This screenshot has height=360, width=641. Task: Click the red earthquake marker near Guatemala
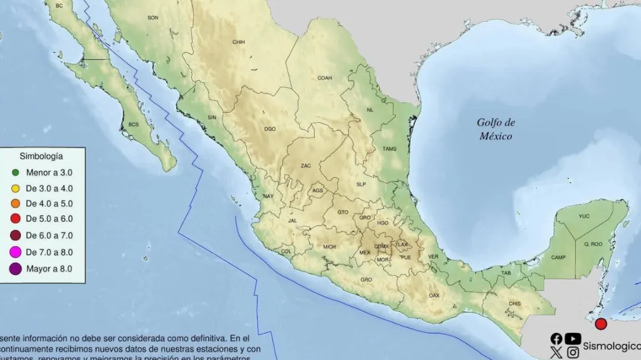601,324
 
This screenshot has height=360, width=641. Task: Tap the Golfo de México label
496,129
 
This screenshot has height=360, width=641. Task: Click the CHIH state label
239,42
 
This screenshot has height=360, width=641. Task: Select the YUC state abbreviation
584,216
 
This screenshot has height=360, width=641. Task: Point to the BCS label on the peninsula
134,125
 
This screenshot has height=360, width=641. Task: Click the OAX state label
434,295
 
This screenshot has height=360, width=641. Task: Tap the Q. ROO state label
593,244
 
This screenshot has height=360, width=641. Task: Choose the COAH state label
325,78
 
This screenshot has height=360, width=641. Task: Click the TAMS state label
389,149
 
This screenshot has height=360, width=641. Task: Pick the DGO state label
270,129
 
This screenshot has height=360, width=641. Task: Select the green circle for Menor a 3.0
15,173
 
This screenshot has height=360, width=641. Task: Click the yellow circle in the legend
15,189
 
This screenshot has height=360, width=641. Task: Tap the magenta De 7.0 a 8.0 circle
15,253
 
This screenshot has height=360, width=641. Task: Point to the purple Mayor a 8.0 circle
15,269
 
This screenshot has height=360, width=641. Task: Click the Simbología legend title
42,157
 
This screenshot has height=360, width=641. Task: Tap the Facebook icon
556,339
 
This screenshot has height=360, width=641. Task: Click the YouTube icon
573,339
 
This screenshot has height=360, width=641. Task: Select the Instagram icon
573,353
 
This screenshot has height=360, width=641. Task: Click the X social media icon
556,353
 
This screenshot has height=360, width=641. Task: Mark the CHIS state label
515,304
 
